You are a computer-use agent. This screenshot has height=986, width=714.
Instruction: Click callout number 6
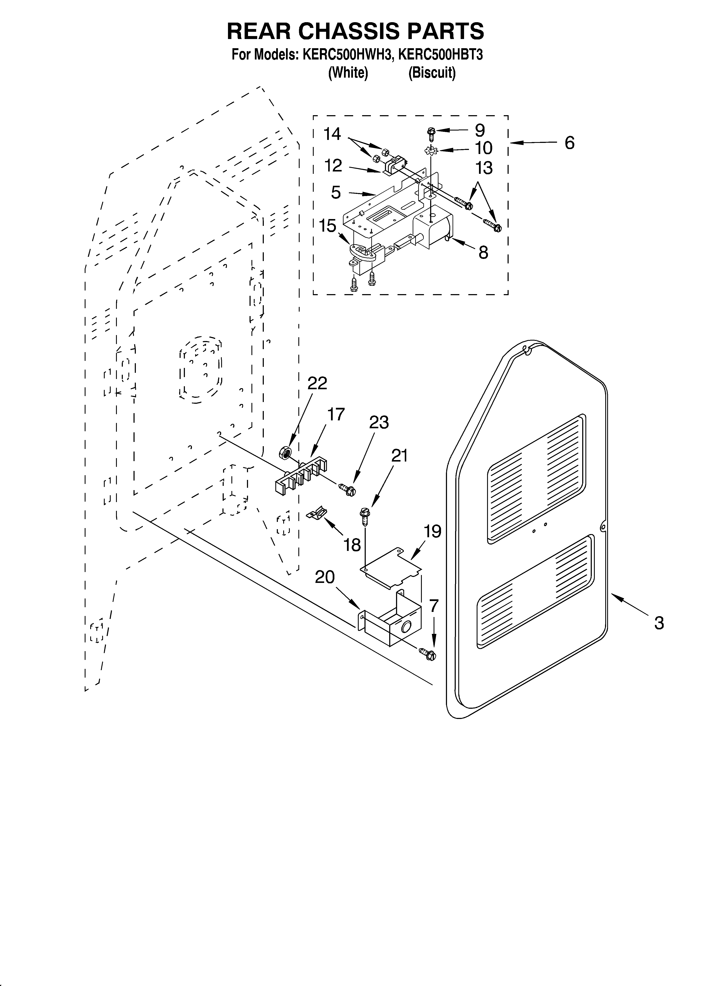coord(569,143)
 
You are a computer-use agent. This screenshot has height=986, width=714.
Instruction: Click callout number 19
coord(433,531)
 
